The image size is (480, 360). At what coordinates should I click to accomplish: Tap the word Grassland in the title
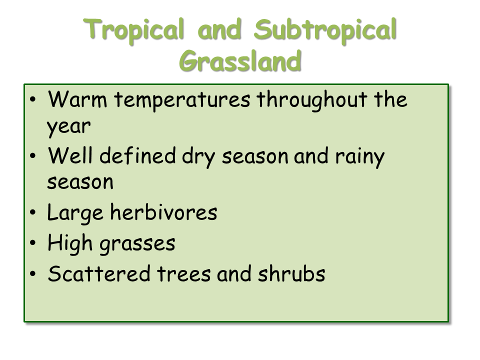tap(240, 60)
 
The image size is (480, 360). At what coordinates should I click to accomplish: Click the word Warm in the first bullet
tap(77, 99)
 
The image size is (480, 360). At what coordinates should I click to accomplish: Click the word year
tap(68, 126)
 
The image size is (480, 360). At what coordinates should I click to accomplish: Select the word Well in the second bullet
tap(70, 155)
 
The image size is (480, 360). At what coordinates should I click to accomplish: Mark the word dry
tap(198, 157)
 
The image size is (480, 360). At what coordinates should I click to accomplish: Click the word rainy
tap(359, 157)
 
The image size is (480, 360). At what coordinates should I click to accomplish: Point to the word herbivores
tap(163, 212)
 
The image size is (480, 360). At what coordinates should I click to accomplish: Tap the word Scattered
tap(99, 273)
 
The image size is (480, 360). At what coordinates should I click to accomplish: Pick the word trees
tap(183, 274)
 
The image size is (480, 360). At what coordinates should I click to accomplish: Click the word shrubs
tap(291, 273)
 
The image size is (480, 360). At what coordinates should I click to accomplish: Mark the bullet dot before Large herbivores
tap(33, 212)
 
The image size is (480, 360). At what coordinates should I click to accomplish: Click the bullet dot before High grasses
tap(33, 243)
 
